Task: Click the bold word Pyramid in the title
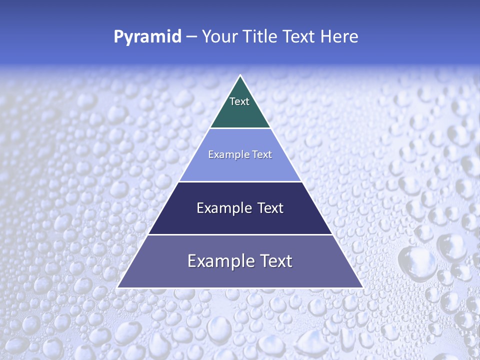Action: coord(147,37)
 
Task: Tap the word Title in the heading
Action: coord(262,37)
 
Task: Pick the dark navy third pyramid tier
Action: coord(240,222)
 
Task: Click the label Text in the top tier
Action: coord(239,101)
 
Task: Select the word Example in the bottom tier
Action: coord(220,261)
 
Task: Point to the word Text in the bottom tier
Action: coord(274,261)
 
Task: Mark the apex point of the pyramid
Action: coord(240,75)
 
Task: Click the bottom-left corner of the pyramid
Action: coord(118,287)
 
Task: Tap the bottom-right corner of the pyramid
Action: coord(362,287)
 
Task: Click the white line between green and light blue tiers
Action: coord(240,128)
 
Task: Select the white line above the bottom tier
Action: coord(240,234)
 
